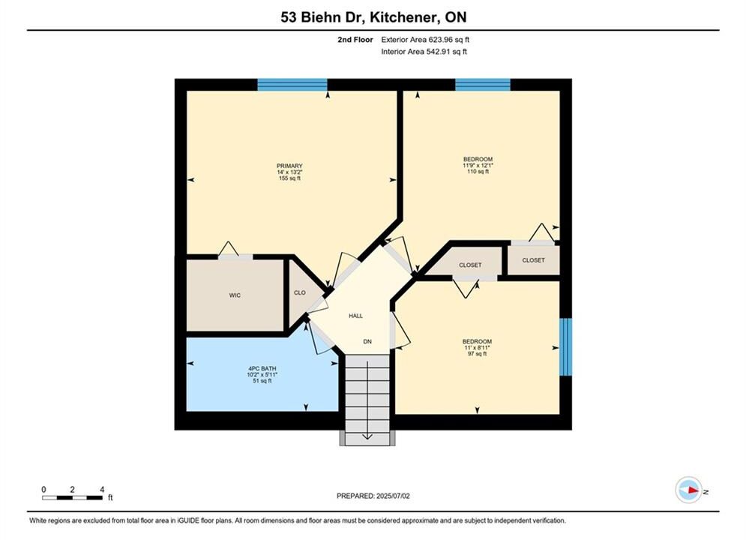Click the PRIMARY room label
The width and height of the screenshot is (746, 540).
tap(289, 166)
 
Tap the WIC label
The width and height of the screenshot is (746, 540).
tap(235, 295)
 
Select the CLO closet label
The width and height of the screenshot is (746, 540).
tap(300, 292)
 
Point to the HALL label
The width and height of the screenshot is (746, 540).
tap(356, 316)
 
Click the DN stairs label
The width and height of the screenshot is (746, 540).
tap(367, 341)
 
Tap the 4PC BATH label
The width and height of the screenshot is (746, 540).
tap(262, 369)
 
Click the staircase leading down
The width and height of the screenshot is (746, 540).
tap(367, 400)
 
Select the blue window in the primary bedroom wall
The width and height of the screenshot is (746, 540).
tap(292, 85)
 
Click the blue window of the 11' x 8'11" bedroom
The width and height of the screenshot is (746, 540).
tap(565, 346)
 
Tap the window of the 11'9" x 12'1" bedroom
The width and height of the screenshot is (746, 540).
tap(483, 85)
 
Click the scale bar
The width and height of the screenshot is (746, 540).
tap(72, 498)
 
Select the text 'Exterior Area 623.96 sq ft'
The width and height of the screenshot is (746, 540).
tap(425, 40)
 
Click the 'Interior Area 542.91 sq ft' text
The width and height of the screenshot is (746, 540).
tap(424, 52)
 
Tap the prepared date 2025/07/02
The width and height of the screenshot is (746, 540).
tap(393, 496)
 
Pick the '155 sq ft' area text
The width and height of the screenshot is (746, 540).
tap(289, 178)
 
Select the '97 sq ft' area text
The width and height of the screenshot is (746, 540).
tap(477, 354)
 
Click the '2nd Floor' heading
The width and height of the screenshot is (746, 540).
tap(355, 40)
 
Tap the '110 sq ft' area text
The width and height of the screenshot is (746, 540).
tap(478, 171)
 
